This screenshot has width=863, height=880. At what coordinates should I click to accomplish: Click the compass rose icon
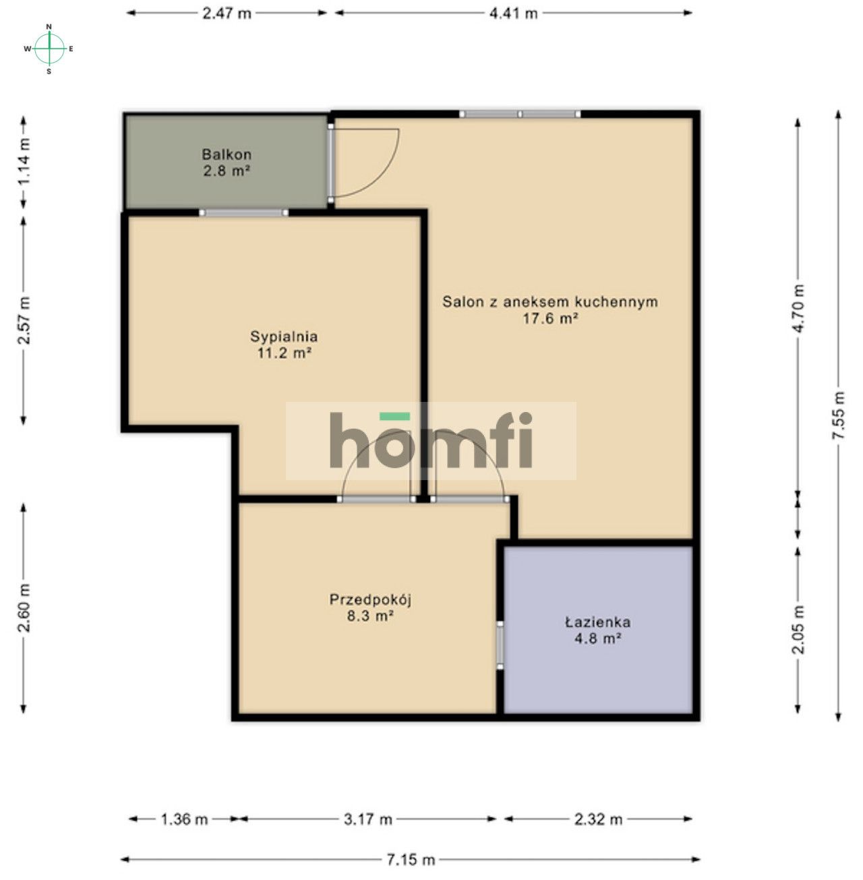[49, 48]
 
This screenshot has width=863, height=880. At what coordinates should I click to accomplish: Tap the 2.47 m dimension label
[227, 13]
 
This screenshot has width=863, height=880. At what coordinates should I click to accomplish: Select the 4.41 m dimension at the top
[514, 13]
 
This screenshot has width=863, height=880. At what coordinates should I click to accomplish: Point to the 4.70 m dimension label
[799, 308]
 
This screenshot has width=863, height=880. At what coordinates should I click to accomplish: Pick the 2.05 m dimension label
[799, 629]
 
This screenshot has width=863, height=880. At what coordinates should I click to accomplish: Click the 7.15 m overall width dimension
[411, 859]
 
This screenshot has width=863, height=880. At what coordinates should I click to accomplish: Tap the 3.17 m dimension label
[367, 819]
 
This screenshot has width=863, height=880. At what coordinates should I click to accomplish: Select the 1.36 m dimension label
[184, 819]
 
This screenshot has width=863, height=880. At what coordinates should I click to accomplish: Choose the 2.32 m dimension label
[598, 819]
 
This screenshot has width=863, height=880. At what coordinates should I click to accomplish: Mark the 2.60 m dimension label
[24, 608]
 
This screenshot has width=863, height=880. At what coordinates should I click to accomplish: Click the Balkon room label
[227, 163]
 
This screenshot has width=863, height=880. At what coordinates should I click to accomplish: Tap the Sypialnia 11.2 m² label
[283, 344]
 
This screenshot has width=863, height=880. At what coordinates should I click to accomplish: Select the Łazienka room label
[597, 630]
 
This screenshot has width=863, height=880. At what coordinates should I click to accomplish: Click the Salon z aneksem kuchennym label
[549, 310]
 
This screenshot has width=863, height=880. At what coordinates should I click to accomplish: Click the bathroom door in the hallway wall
[500, 645]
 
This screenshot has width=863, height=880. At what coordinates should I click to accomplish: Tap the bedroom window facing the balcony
[244, 212]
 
